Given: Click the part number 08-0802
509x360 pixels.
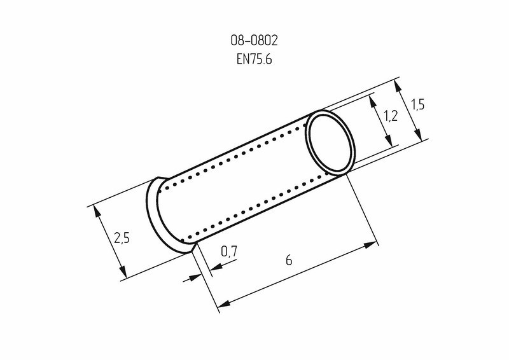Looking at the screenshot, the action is pyautogui.click(x=254, y=41).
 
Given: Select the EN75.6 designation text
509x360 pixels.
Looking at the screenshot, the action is pyautogui.click(x=254, y=59).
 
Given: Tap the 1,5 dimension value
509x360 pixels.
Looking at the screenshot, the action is pyautogui.click(x=418, y=105).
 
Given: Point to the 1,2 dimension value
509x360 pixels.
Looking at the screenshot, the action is pyautogui.click(x=391, y=116).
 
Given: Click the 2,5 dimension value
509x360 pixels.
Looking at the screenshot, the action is pyautogui.click(x=122, y=238).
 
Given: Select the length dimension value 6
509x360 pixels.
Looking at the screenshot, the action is pyautogui.click(x=289, y=260).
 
